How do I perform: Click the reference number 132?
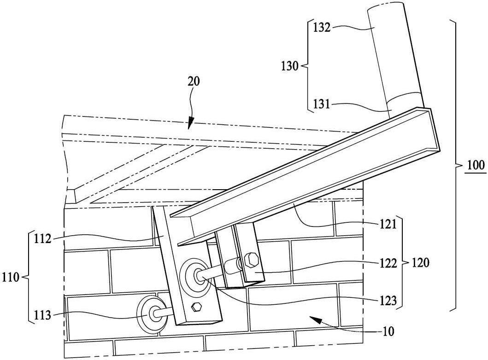tap(322, 28)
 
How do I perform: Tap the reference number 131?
tap(322, 104)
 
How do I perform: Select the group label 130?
tap(290, 66)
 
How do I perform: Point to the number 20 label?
tap(194, 81)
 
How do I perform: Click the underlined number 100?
tap(476, 165)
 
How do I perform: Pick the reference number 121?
tap(388, 224)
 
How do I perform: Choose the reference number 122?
tap(388, 263)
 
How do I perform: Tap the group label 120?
tap(420, 263)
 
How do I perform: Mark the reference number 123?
tap(388, 301)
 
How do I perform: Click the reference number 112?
tap(42, 239)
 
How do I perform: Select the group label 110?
tap(11, 277)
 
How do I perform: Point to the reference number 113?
tap(42, 315)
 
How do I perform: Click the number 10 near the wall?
tap(388, 331)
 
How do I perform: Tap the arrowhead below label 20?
tap(190, 124)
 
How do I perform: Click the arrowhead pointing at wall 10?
tap(315, 319)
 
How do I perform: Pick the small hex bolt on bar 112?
tap(196, 307)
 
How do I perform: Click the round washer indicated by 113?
tap(152, 314)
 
